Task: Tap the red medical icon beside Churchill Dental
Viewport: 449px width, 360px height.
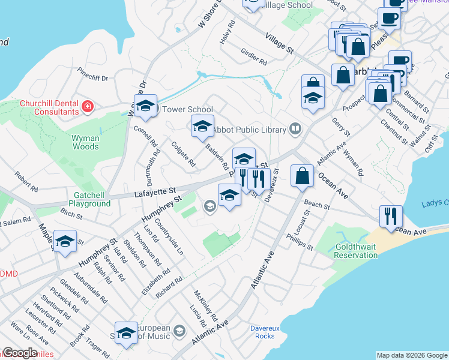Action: pyautogui.click(x=88, y=107)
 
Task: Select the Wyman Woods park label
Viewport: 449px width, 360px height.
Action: pyautogui.click(x=85, y=142)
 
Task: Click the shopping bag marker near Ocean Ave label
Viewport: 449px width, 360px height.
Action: pyautogui.click(x=303, y=175)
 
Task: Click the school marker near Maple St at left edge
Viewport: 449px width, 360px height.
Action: pyautogui.click(x=65, y=241)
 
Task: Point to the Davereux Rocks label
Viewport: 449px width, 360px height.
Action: pyautogui.click(x=262, y=332)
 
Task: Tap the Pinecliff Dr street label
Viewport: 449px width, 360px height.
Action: pyautogui.click(x=92, y=77)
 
